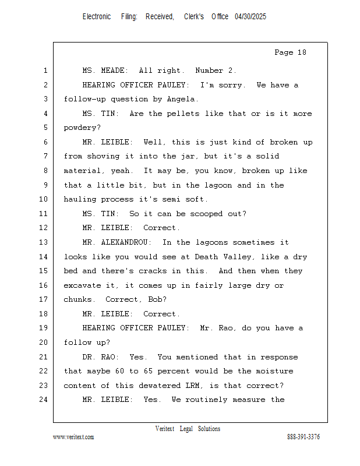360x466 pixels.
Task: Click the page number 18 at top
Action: coord(302,52)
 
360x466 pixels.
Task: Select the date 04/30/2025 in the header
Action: coord(250,17)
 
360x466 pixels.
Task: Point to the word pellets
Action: coord(183,114)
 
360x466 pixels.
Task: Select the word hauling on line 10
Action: coord(80,199)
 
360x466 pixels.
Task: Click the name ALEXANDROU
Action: coord(124,242)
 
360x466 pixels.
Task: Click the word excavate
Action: coord(82,285)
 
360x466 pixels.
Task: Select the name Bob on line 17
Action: coord(155,299)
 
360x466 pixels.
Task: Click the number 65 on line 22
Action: coord(148,371)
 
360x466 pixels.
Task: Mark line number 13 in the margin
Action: coord(44,242)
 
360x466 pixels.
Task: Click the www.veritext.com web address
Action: coord(73,437)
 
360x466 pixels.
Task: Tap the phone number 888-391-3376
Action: coord(303,437)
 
